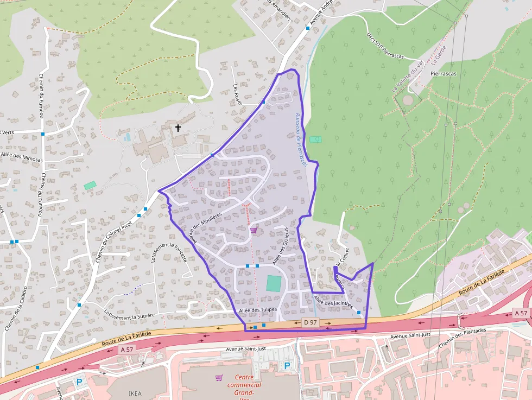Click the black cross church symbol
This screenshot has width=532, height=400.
pos(178,128)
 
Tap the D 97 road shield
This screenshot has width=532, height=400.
pos(310,322)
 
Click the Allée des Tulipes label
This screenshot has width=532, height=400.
pos(258,310)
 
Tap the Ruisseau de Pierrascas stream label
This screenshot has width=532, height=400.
pos(301,139)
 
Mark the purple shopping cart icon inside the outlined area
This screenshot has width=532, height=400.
pos(253,230)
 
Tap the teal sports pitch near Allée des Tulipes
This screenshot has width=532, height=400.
pos(274,283)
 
